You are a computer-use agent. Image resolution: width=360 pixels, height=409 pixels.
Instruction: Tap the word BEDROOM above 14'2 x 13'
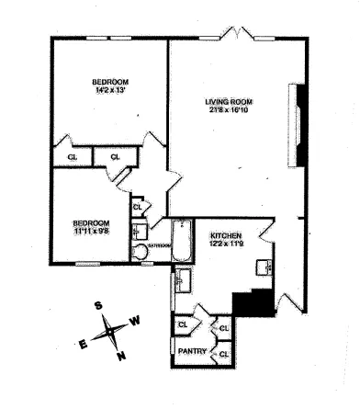click(x=108, y=79)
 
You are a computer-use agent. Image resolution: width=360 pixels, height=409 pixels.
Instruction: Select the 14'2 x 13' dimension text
click(x=108, y=89)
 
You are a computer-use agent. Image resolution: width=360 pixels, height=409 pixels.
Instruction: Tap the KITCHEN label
click(x=225, y=234)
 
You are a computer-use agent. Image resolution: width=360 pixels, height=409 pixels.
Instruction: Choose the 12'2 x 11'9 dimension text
click(x=225, y=244)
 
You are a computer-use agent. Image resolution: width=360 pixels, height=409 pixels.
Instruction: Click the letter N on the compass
click(x=119, y=357)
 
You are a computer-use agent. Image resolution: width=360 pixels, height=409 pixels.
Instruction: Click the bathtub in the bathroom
click(x=181, y=239)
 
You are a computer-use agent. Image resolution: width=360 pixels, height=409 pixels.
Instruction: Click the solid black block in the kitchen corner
click(x=254, y=302)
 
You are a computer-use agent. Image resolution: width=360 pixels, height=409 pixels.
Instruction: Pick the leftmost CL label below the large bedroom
click(x=72, y=157)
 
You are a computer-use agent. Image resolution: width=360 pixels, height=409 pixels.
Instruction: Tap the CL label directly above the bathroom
click(x=138, y=208)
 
